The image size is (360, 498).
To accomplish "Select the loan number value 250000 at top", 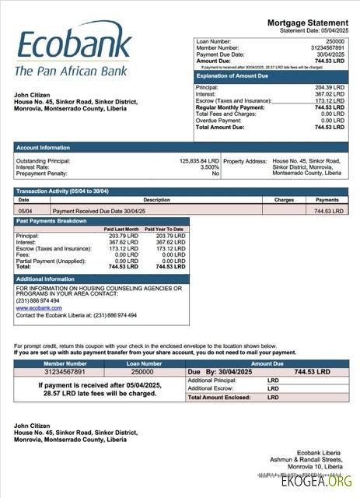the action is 335,40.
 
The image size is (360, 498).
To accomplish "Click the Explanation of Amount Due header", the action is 231,75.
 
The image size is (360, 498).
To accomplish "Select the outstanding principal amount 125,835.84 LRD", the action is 199,161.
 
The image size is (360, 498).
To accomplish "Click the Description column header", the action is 156,200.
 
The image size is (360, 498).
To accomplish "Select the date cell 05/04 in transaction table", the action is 25,211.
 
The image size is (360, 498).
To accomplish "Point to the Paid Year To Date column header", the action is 166,229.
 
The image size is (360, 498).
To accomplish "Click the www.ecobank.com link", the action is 39,308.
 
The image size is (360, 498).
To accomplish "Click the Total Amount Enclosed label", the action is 219,397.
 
